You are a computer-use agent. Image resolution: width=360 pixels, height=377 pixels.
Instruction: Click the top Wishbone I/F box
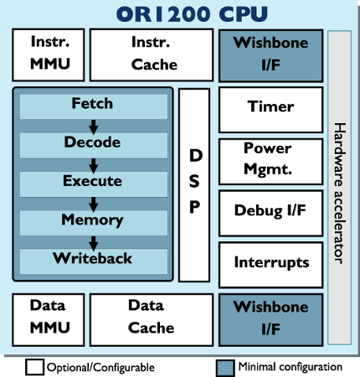(269, 52)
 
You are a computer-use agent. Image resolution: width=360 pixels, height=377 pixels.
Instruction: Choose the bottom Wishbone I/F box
(269, 316)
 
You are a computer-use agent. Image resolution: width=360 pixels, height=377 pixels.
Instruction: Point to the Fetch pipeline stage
(92, 106)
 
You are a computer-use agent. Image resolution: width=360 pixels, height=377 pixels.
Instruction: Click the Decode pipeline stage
(92, 143)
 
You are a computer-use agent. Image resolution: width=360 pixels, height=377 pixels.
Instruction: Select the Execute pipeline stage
(92, 182)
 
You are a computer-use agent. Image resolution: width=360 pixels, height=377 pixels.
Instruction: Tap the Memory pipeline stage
(92, 221)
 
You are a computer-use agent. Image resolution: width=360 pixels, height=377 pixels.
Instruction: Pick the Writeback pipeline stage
(92, 259)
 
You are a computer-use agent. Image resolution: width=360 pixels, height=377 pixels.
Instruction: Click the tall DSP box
(194, 184)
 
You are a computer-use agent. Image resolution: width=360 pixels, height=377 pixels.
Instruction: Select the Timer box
(269, 107)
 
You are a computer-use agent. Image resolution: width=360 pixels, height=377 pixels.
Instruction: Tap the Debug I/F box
(269, 210)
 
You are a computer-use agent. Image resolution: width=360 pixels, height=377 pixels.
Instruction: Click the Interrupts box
(269, 262)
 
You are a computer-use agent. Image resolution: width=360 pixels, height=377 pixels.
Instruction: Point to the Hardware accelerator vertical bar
(339, 188)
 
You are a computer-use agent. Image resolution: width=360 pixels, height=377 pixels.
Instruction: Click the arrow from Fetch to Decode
(93, 125)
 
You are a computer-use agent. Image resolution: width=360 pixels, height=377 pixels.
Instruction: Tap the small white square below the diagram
(34, 367)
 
